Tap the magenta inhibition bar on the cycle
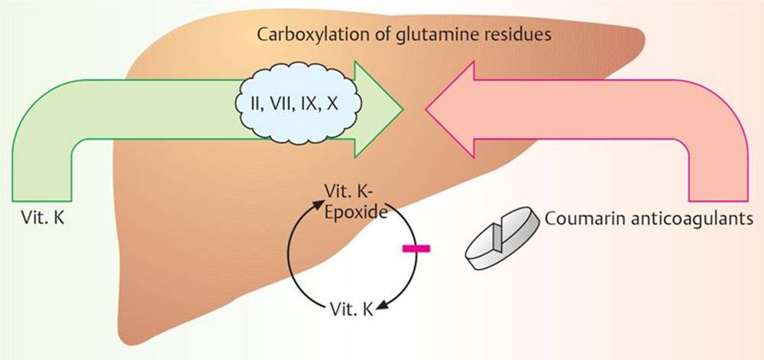point(415,248)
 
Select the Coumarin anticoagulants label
point(649,219)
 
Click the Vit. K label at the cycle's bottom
point(352,308)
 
